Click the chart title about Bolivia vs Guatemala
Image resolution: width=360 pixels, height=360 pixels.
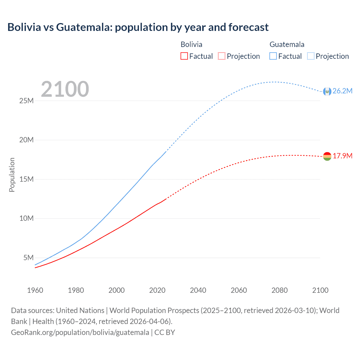138,27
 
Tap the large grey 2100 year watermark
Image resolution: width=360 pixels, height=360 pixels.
65,89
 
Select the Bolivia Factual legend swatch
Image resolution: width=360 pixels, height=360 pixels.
184,56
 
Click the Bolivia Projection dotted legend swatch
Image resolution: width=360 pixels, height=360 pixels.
222,56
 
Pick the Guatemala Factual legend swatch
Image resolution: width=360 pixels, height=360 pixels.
273,56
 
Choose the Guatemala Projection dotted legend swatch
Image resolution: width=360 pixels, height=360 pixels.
310,56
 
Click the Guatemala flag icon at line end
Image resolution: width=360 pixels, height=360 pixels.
327,91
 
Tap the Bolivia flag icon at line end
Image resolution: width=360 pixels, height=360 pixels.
327,156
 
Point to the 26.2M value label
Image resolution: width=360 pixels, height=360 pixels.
342,91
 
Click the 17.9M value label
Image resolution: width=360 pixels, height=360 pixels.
342,156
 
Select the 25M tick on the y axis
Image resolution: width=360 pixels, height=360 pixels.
26,101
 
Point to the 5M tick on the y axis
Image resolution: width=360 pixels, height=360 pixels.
28,258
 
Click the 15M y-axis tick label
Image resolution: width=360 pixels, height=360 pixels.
26,179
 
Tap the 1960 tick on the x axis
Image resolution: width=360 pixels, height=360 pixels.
35,290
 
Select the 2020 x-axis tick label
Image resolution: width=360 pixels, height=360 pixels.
157,290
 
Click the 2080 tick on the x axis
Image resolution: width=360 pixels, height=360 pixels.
280,290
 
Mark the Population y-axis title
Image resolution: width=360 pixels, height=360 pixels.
12,175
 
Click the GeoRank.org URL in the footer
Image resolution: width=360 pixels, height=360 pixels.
80,332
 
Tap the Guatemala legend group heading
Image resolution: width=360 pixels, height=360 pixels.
287,44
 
